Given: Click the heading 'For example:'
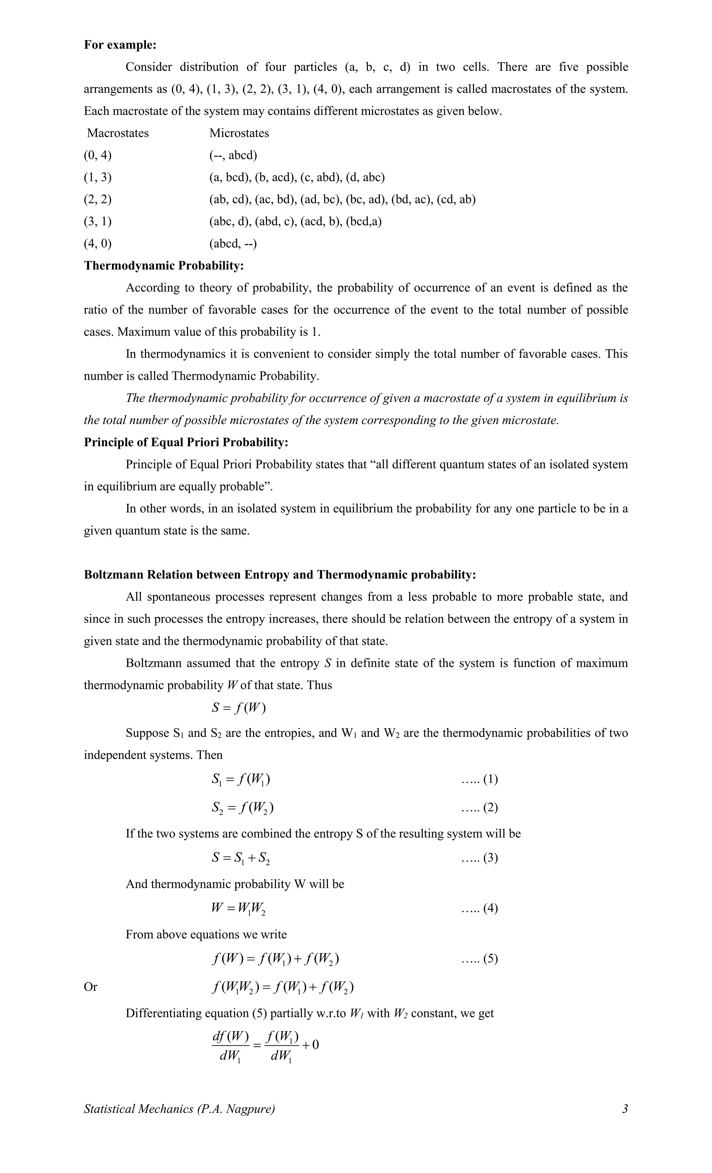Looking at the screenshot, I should coord(120,45).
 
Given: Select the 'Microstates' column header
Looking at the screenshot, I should coord(239,133).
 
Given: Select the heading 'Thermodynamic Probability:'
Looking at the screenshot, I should coord(164,266).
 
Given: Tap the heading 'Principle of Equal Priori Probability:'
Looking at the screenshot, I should coord(186,442).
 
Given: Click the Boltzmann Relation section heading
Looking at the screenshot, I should coord(280,575).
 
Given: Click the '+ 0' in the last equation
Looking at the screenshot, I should coord(310,1044).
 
